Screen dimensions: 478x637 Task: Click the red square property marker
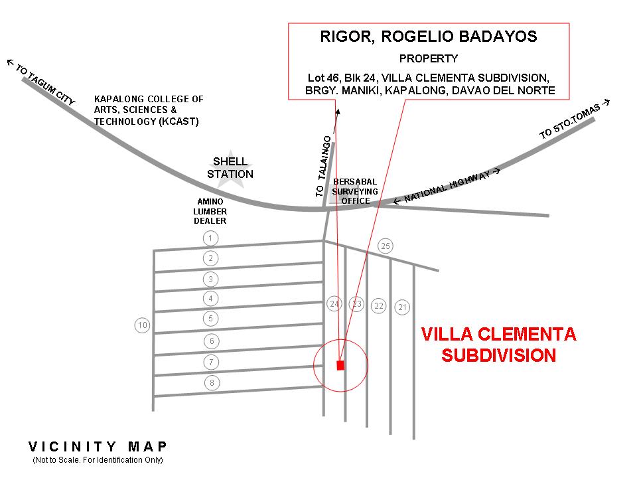[x=340, y=365]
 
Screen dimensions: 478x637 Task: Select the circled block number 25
[x=386, y=246]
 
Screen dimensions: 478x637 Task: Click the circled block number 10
[x=142, y=325]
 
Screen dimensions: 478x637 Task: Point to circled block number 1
[x=210, y=238]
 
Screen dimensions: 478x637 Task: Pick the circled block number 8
[x=212, y=383]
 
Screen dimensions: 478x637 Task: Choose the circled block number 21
[x=403, y=307]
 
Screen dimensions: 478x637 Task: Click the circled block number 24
[x=334, y=304]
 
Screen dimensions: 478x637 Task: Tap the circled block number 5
[x=210, y=319]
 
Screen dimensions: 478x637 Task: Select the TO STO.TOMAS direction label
[x=574, y=120]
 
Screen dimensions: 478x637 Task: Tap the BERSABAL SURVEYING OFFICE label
[x=355, y=191]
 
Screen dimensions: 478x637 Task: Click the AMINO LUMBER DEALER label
[x=210, y=211]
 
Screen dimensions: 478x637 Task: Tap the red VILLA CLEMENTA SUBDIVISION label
[x=499, y=345]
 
